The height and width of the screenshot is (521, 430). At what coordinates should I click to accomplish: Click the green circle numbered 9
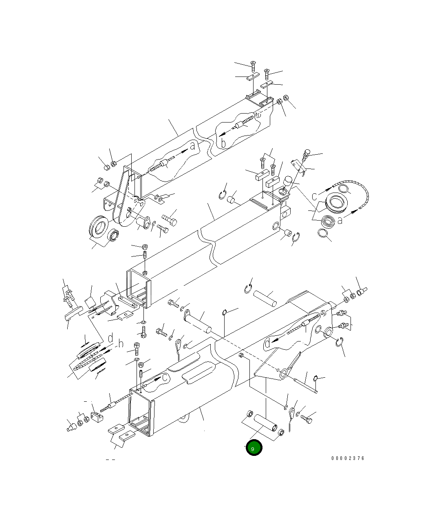(254, 448)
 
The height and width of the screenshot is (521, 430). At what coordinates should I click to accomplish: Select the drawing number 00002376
(348, 458)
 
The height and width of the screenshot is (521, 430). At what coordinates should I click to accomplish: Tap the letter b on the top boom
(223, 143)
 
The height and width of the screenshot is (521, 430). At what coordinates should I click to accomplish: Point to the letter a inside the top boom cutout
(192, 147)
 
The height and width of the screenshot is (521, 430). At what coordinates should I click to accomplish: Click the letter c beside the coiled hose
(315, 196)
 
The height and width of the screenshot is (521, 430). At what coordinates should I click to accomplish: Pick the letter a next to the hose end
(340, 220)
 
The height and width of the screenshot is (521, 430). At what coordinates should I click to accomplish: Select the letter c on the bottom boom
(165, 378)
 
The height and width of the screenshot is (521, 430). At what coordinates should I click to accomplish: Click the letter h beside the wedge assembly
(120, 344)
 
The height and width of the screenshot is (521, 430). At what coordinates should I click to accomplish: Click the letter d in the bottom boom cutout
(267, 343)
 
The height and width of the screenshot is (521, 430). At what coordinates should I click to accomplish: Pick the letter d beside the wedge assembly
(110, 338)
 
